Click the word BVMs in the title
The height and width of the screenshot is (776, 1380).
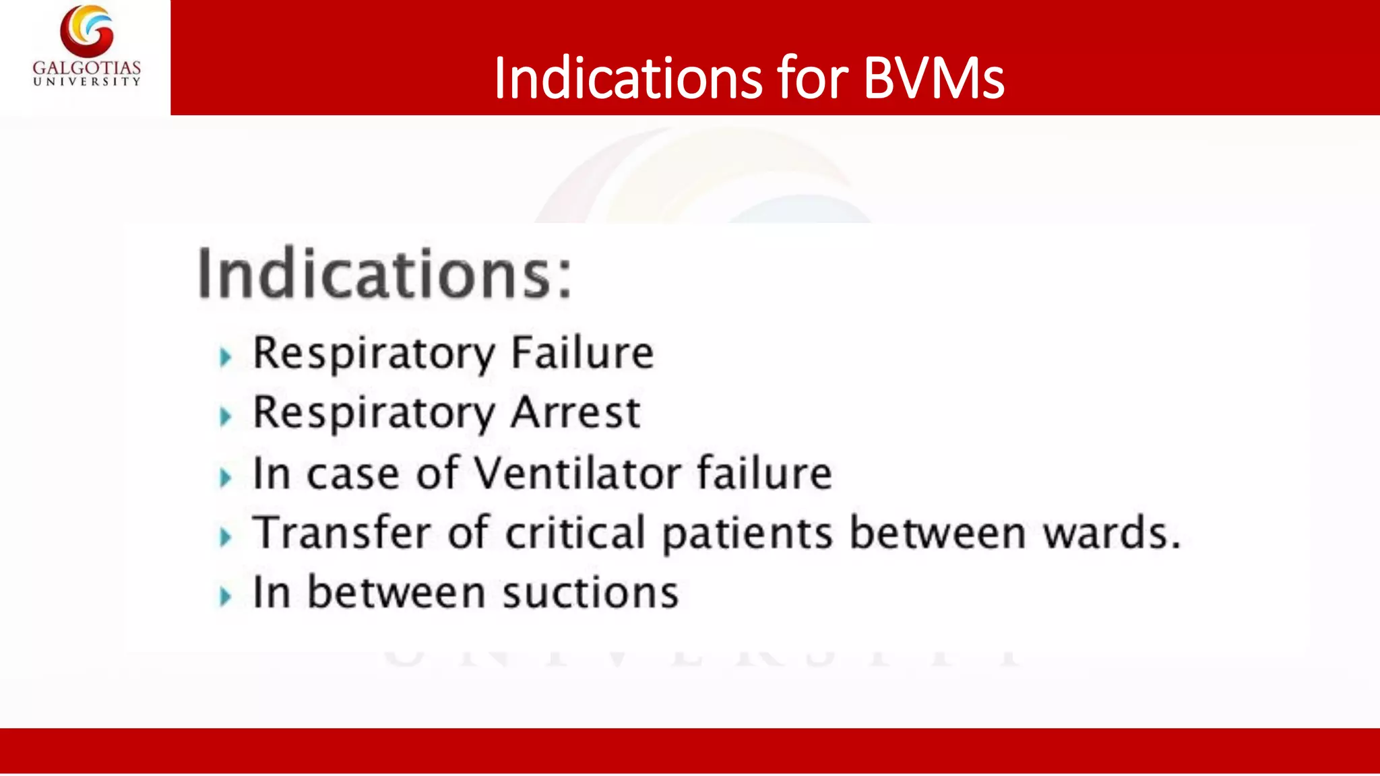933,78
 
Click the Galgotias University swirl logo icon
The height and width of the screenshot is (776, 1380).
87,30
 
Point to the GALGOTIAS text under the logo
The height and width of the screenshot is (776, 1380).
87,67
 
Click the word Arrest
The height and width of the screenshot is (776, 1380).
575,412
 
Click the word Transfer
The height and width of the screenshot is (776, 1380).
341,532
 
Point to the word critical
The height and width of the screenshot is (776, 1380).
575,532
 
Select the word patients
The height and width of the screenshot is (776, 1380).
748,533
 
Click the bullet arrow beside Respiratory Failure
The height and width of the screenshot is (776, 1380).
226,356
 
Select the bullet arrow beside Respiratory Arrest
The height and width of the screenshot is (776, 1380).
226,416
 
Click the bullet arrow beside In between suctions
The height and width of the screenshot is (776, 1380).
226,597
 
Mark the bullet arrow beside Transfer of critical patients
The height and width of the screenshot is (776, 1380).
226,537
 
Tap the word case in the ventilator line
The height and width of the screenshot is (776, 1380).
352,474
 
